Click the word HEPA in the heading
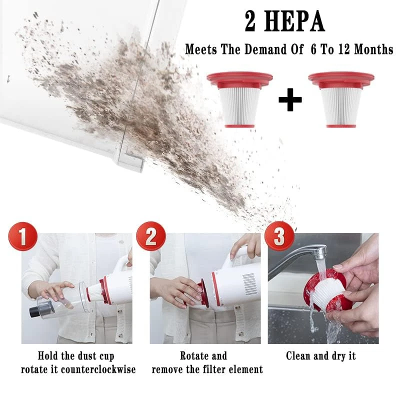pos(294,21)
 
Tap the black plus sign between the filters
pos(290,99)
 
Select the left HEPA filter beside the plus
pos(239,99)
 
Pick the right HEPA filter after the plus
pos(341,99)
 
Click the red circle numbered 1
pos(23,236)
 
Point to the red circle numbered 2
pos(151,236)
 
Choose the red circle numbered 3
pos(279,236)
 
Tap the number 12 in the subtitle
pos(344,49)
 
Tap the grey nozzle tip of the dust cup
pos(34,312)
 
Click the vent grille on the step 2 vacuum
pos(249,284)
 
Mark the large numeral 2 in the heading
pos(250,22)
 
